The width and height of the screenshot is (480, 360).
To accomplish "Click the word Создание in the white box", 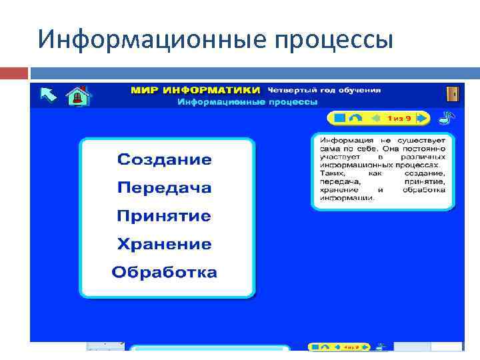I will click(164, 160).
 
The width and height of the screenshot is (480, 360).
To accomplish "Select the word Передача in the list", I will click(164, 188).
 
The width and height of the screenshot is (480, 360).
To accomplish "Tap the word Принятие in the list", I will click(164, 216).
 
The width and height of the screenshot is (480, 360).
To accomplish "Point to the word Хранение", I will click(164, 245).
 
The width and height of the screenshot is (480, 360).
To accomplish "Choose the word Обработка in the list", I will click(164, 273).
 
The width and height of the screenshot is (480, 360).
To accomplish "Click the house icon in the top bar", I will click(78, 95).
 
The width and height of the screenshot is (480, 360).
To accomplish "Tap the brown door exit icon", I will click(453, 94).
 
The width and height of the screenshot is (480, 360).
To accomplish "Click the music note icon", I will click(445, 118).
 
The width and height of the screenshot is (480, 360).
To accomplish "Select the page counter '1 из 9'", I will click(400, 118).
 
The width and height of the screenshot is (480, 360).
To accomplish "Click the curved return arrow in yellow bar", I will click(357, 118).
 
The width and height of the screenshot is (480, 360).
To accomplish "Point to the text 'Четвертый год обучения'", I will click(324, 89).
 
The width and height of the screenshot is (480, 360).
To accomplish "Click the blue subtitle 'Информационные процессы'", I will click(247, 102).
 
